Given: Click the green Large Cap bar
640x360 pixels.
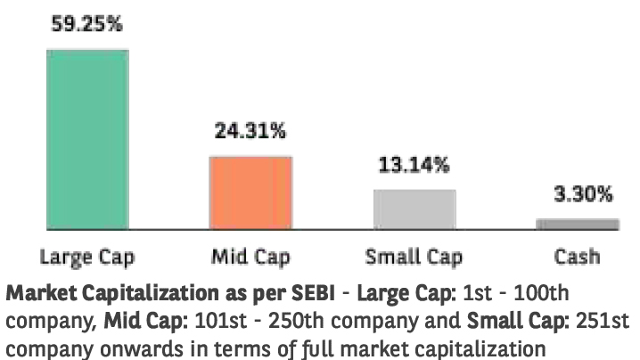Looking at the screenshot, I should click(x=87, y=138).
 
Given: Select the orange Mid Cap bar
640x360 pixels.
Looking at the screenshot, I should click(x=250, y=192).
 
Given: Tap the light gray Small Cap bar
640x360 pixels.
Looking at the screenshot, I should click(x=414, y=209).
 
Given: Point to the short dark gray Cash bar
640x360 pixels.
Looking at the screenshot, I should click(x=577, y=224).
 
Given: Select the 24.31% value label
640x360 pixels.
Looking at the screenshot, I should click(x=250, y=132).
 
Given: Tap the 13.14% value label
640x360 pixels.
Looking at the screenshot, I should click(x=413, y=165).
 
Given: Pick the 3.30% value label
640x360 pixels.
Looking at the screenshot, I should click(x=578, y=193).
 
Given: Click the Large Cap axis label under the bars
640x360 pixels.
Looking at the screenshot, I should click(x=87, y=258).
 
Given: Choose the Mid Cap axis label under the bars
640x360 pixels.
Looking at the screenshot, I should click(x=250, y=258).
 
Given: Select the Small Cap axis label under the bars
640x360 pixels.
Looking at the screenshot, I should click(x=414, y=258).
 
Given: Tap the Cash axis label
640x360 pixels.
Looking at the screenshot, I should click(x=577, y=258).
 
